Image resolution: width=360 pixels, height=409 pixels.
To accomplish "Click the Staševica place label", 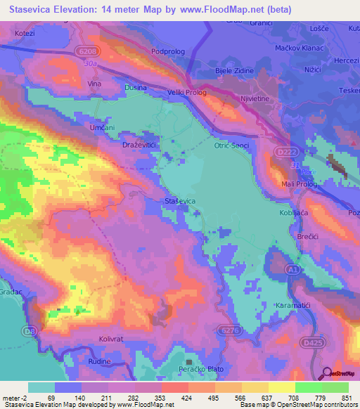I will [180, 202].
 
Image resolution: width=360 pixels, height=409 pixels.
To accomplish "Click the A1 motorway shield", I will [293, 268].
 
